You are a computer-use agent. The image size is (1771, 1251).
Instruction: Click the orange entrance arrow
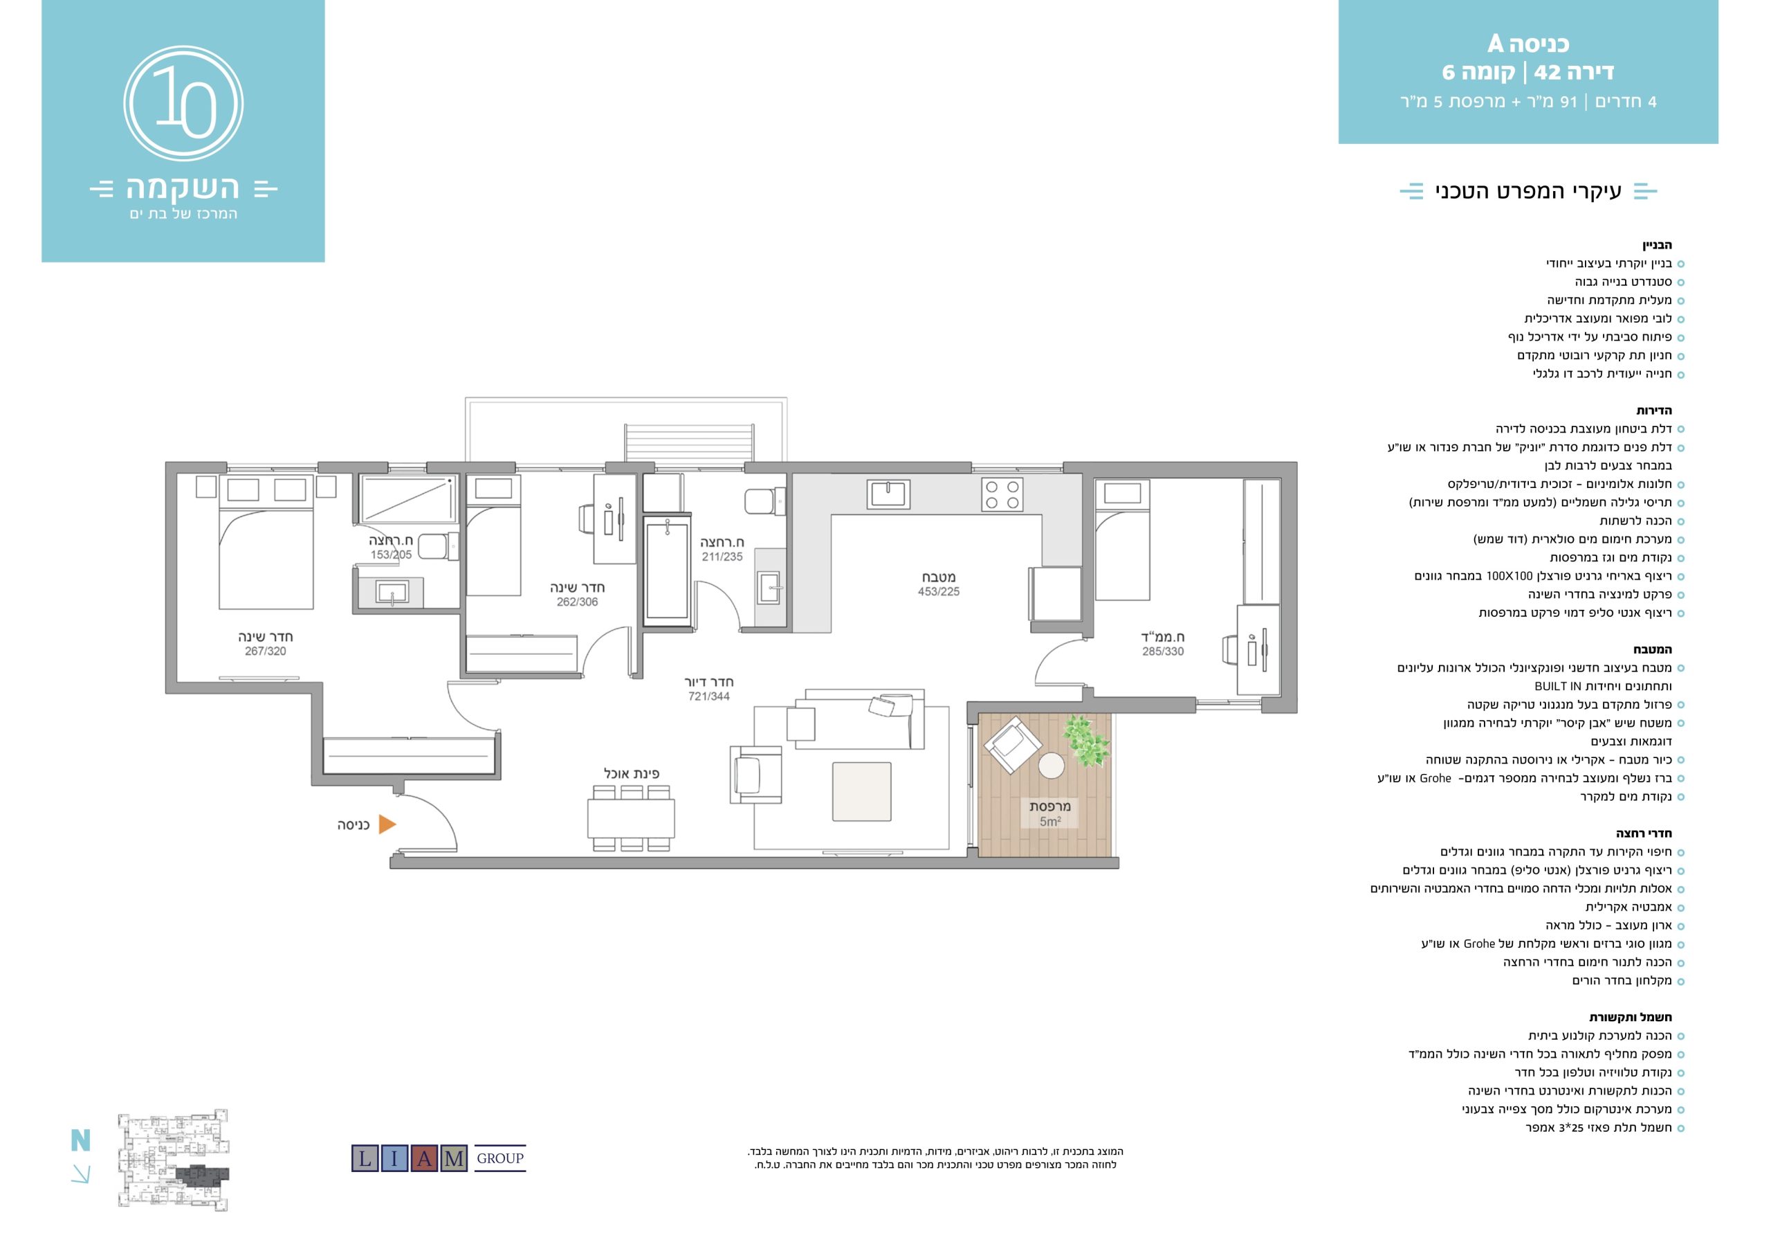(387, 825)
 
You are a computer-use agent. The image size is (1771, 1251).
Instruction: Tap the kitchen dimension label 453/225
(939, 592)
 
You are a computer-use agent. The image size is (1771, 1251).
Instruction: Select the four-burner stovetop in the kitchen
(1002, 495)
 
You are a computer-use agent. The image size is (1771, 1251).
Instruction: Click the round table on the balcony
(1052, 766)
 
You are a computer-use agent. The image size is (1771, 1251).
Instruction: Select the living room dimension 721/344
(709, 696)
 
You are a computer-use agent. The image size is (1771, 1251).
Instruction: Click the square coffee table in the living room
(861, 791)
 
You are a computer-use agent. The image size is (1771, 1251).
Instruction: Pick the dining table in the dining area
(631, 819)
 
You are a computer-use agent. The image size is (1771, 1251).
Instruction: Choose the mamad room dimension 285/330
(1163, 651)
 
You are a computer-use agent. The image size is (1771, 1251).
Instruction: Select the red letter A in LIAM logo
(424, 1158)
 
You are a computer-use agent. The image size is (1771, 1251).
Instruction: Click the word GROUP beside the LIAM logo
(500, 1158)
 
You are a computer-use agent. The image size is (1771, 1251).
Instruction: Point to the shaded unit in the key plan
(202, 1175)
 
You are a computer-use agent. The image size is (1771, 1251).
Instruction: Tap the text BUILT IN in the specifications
(1557, 686)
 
